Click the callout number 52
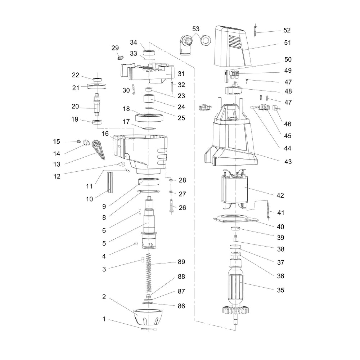(287, 30)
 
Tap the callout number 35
(280, 290)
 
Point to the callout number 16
(105, 134)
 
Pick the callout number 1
(104, 319)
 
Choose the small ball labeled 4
(136, 244)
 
